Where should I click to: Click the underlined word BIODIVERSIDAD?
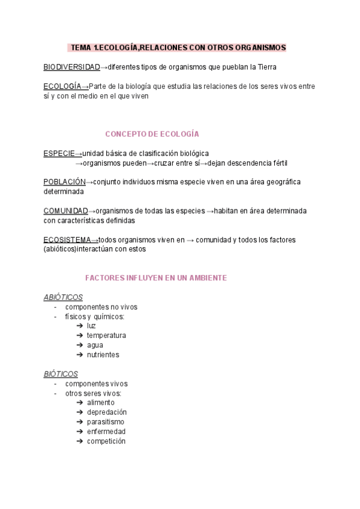click(71, 67)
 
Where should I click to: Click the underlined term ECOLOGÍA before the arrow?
click(62, 86)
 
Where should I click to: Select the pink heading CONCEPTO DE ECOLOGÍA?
click(152, 134)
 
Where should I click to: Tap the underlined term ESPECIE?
click(59, 153)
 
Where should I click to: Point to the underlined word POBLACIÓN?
click(64, 182)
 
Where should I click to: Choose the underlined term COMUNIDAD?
click(65, 211)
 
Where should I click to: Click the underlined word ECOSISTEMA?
click(67, 239)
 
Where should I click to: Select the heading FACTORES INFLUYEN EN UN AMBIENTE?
click(156, 278)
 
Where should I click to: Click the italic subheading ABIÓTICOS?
click(63, 297)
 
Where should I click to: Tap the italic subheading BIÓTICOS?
click(61, 374)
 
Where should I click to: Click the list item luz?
click(91, 326)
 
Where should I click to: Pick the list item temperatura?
click(106, 336)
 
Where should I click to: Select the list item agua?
click(95, 345)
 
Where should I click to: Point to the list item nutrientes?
click(103, 355)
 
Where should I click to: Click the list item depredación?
click(107, 412)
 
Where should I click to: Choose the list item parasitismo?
click(106, 422)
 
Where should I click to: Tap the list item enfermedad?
click(106, 432)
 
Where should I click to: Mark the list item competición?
click(106, 441)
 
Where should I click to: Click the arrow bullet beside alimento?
click(80, 403)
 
